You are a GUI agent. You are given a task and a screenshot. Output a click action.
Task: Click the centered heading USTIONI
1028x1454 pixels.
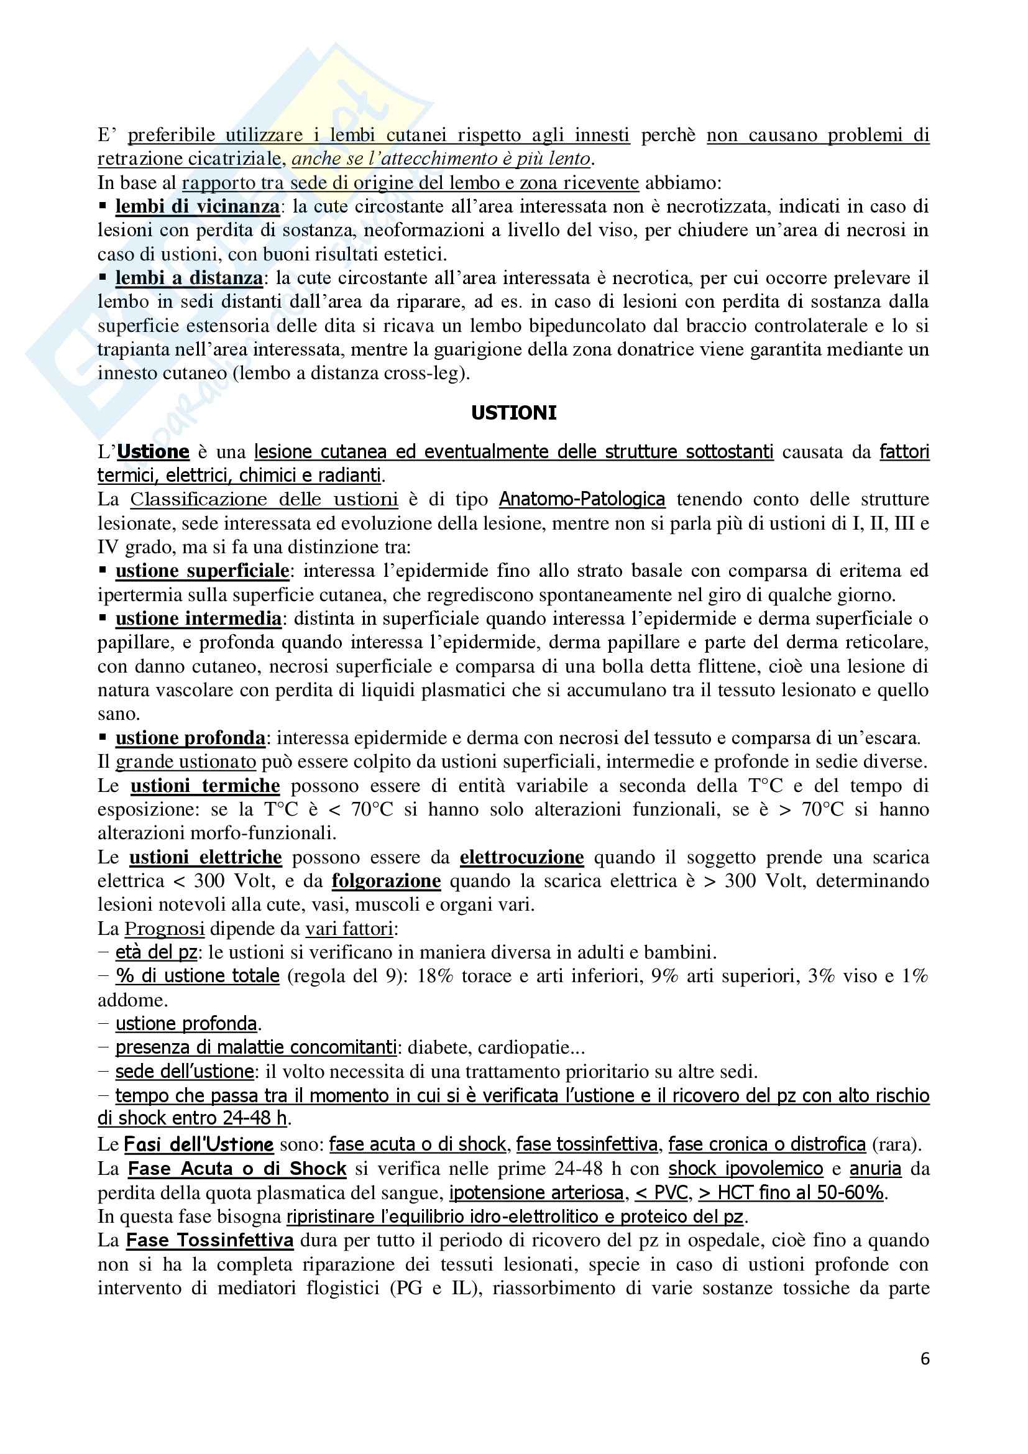tap(513, 413)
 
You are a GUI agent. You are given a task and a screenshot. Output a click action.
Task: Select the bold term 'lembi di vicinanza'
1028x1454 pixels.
tap(197, 206)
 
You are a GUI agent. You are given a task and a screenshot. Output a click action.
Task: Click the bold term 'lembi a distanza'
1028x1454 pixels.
tap(189, 278)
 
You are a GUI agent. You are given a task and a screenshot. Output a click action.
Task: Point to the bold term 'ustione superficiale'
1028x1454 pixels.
tap(202, 571)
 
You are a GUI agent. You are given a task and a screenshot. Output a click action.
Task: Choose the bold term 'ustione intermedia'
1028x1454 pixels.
tap(198, 619)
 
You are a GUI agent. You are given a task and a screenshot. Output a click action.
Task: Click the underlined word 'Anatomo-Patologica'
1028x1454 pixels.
tap(582, 500)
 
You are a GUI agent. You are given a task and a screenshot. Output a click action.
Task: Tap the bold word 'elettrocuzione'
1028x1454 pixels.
tap(521, 857)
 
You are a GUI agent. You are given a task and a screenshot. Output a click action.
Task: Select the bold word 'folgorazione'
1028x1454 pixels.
tap(386, 881)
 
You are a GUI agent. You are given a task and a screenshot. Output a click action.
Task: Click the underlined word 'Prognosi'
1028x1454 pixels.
tap(165, 929)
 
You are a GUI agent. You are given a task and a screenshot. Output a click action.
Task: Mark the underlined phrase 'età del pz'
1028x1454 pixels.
tap(157, 952)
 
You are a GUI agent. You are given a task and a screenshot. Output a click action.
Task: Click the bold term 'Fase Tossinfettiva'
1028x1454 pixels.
tap(209, 1240)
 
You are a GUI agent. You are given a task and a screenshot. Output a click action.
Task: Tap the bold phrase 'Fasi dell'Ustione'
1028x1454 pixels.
tap(199, 1144)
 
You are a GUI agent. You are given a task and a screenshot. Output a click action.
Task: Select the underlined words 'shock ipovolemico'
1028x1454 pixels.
tap(746, 1169)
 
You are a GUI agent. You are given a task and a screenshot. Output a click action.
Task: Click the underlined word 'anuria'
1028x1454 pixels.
tap(875, 1169)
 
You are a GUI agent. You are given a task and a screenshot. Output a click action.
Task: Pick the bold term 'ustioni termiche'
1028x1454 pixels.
tap(205, 786)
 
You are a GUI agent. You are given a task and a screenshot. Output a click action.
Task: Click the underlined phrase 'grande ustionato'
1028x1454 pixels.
tap(185, 762)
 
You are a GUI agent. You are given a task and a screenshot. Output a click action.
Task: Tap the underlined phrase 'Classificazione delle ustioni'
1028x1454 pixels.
tap(264, 500)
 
